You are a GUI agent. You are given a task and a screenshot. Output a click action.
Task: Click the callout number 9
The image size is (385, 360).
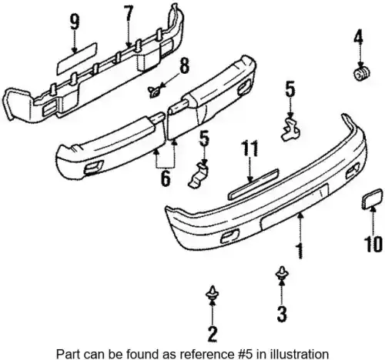tap(75, 22)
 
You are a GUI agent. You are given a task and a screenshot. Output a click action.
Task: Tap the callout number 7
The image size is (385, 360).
tap(129, 15)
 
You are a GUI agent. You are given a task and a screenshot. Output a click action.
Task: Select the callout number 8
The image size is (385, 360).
tap(184, 65)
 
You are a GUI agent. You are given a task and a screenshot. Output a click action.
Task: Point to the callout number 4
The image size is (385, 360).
tap(358, 36)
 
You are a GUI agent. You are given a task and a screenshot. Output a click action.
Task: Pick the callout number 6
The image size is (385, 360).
tap(166, 178)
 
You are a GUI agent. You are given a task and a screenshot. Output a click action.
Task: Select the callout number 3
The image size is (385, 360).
tap(282, 313)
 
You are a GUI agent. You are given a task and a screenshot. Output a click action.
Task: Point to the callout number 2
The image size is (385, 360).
tap(213, 333)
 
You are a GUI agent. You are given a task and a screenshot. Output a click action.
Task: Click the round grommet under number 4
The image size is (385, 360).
tap(361, 73)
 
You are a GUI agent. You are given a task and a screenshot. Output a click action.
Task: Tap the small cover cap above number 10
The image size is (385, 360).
tap(372, 198)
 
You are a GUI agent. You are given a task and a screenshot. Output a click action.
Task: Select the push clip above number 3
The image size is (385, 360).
tap(282, 274)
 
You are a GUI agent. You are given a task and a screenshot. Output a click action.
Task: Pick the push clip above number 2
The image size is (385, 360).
tap(213, 294)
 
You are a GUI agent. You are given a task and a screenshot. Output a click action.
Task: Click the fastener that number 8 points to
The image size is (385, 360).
tap(154, 92)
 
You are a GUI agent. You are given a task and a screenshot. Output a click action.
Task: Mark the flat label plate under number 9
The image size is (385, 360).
tap(77, 58)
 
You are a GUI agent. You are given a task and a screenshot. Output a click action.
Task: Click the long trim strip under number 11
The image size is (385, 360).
tap(253, 184)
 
